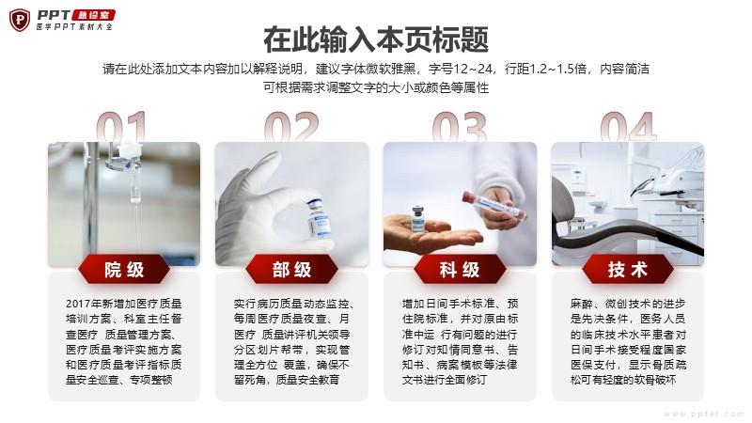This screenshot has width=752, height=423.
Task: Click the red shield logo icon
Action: point(20,20)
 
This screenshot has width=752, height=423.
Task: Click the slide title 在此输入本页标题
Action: point(376,39)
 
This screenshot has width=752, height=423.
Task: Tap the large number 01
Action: point(121,127)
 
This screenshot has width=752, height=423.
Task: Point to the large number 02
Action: point(291,127)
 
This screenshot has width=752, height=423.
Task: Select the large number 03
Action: point(460,127)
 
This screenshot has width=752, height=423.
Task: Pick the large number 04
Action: point(628,127)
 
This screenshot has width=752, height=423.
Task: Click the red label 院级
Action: point(124,270)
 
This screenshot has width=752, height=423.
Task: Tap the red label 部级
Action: point(291,270)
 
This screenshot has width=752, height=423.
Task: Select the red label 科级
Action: point(460,270)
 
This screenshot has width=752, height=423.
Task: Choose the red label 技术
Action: point(628,270)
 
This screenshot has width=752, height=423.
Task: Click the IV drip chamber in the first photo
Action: point(135,191)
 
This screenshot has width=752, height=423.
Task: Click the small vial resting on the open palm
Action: point(418,219)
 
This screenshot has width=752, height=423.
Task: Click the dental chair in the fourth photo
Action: point(623,226)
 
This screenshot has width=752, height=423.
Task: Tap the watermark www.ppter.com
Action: point(703,414)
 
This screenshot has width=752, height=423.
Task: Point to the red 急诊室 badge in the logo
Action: point(93,15)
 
